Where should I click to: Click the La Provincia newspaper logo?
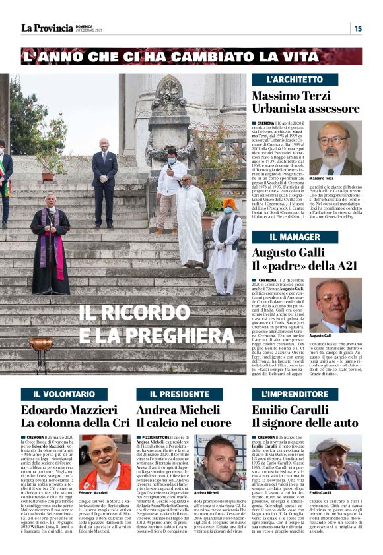coord(46,28)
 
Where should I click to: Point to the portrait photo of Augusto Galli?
coord(336,305)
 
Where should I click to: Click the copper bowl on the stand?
coord(41,345)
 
